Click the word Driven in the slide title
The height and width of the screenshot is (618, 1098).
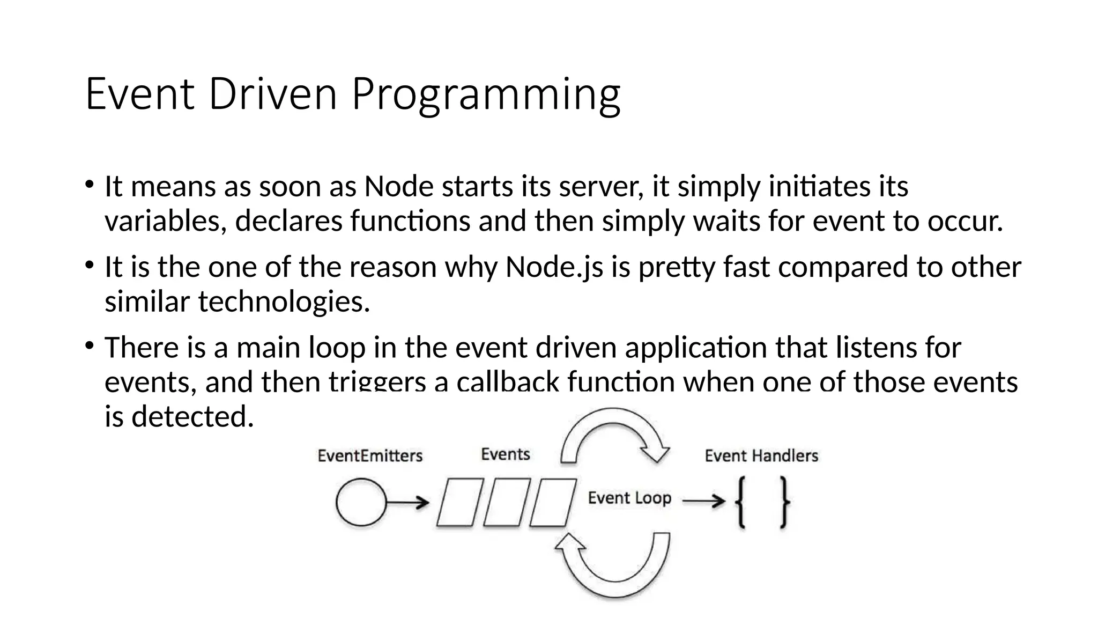point(272,94)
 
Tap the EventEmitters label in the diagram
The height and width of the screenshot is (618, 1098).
point(370,456)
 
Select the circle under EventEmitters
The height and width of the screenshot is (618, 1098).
point(361,502)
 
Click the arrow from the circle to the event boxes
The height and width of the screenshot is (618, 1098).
point(407,503)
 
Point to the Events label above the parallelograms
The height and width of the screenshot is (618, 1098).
point(505,454)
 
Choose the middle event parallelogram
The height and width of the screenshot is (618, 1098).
point(507,503)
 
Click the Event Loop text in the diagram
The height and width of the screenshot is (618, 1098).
point(629,498)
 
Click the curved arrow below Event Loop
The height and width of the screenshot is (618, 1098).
point(614,566)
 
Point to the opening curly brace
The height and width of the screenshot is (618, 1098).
point(741,503)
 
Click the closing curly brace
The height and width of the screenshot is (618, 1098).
point(784,503)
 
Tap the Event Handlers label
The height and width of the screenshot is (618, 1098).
point(761,456)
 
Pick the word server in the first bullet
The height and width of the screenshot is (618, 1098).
point(600,187)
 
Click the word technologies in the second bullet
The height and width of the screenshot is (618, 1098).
point(284,301)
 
